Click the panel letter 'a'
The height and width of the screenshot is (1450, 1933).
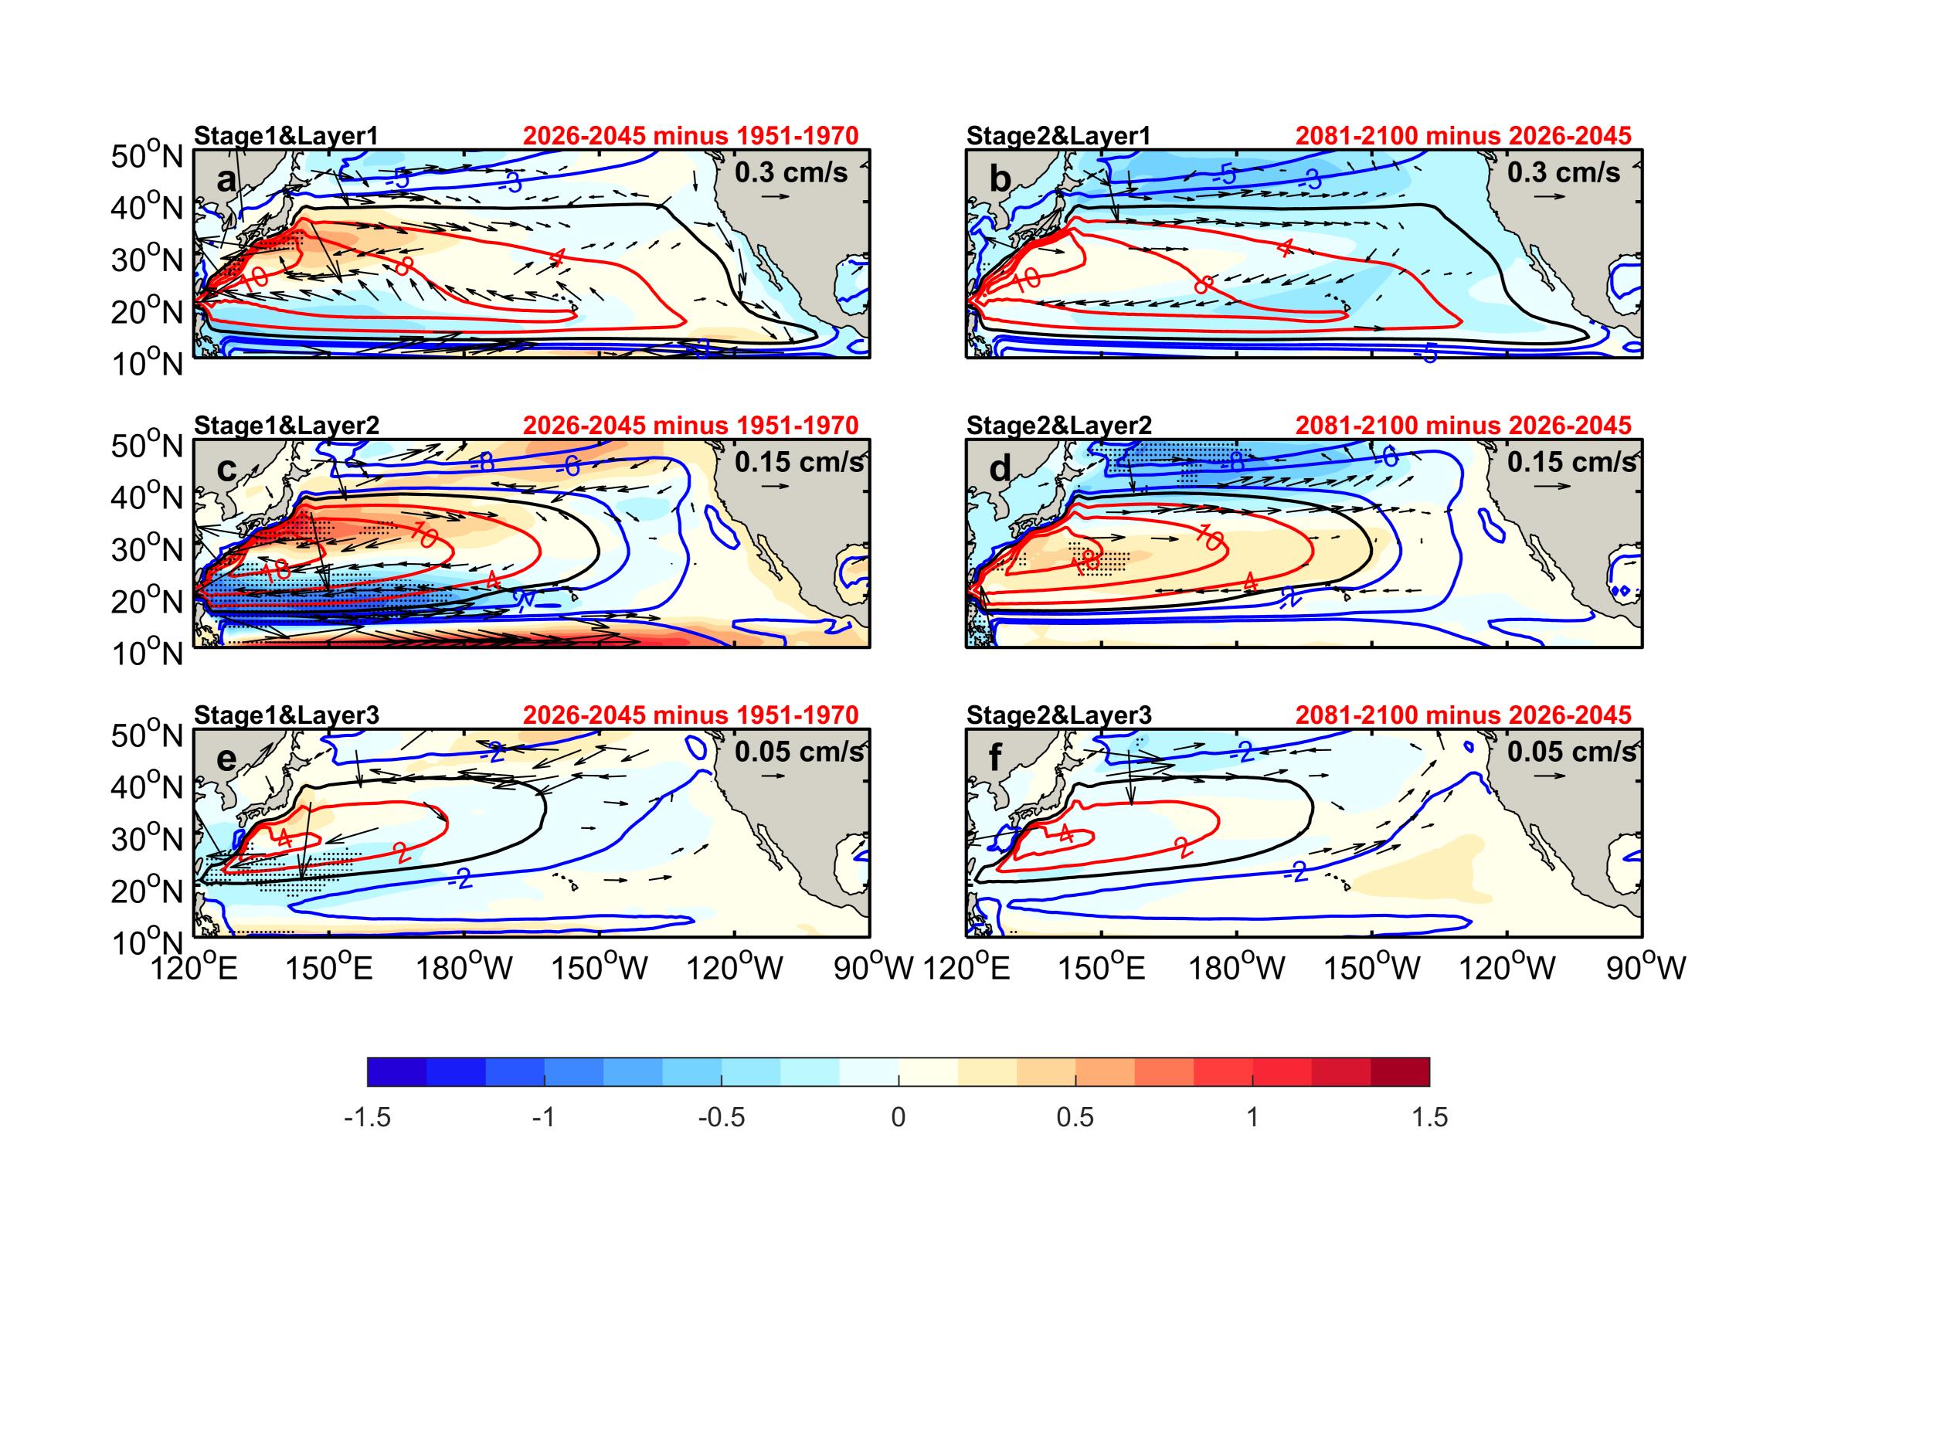click(226, 180)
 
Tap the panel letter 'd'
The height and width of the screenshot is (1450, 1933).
click(999, 470)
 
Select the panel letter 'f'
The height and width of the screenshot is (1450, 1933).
click(995, 759)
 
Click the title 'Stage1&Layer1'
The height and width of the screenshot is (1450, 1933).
click(286, 135)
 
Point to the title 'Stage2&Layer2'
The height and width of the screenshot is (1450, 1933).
click(1059, 426)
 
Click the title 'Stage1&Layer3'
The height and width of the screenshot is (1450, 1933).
click(286, 715)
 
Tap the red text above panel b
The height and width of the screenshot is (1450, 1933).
click(1462, 135)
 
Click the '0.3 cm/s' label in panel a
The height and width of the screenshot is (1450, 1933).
click(791, 172)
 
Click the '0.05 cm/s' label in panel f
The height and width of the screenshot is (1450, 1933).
click(1571, 752)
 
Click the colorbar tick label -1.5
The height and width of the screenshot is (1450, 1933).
click(367, 1118)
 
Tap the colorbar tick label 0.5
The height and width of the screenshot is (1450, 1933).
click(1075, 1118)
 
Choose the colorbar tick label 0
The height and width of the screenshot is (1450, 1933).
click(899, 1118)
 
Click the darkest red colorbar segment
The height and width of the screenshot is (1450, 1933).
click(1400, 1071)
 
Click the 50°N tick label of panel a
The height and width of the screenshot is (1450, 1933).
click(147, 158)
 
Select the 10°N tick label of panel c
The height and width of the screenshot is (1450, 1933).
click(147, 654)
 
